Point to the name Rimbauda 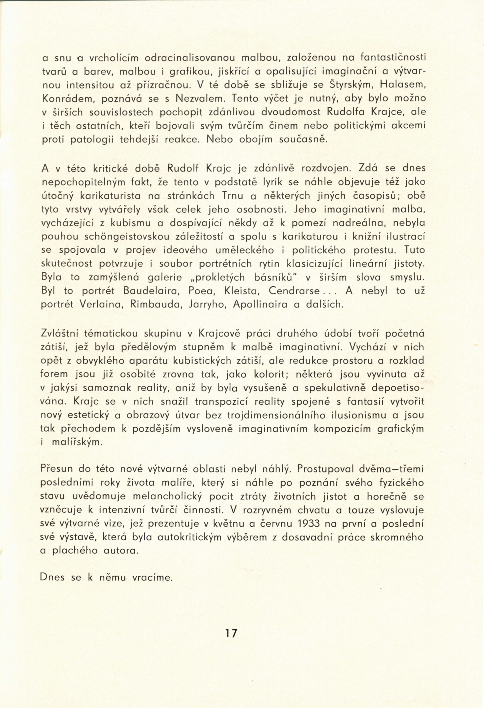[152, 305]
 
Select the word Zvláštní [61, 334]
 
